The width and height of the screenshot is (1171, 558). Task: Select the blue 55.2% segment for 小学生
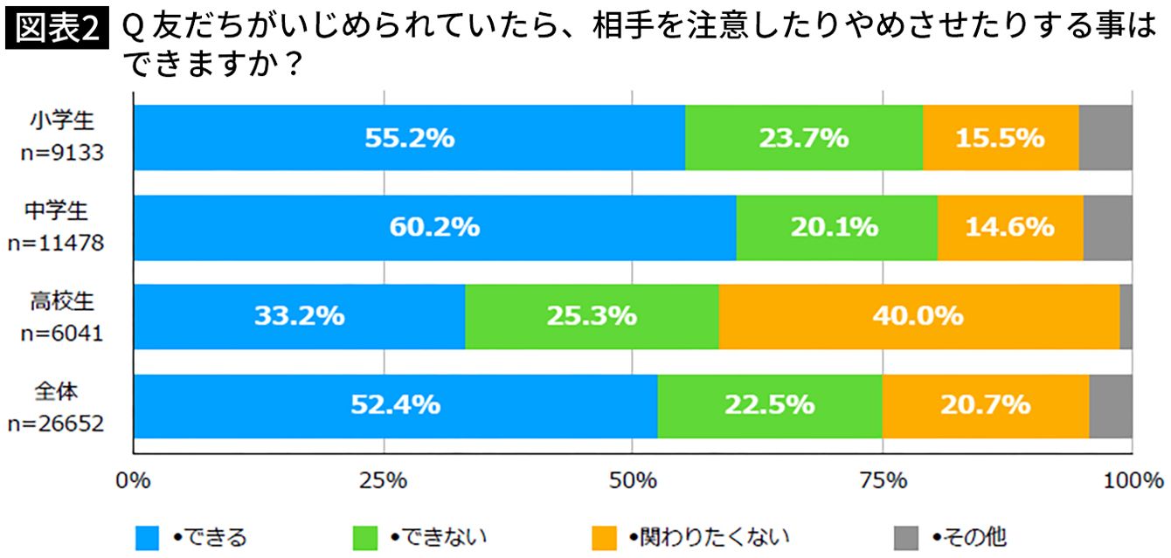tap(409, 138)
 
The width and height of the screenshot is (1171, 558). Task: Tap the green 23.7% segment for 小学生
tap(803, 138)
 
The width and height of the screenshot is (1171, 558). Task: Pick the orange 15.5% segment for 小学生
tap(1001, 138)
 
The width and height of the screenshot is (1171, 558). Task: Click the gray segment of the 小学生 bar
tap(1105, 138)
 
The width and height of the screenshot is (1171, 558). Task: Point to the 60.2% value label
tap(434, 227)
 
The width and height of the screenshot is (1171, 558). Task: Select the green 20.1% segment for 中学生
tap(836, 227)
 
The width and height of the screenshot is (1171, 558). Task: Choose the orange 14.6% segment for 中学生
tap(1010, 227)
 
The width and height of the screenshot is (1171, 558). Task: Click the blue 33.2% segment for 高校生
tap(299, 316)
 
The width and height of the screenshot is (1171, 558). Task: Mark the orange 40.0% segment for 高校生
tap(918, 316)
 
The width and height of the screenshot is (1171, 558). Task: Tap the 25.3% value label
tap(592, 316)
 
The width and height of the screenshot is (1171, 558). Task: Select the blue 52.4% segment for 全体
tap(395, 405)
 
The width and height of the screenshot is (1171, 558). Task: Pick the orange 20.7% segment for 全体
tap(986, 405)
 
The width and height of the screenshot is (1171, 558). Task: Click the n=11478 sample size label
tap(56, 244)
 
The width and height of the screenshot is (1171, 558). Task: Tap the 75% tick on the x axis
tap(883, 480)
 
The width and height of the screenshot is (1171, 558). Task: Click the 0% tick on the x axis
tap(133, 480)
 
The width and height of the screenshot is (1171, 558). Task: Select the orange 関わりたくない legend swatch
tap(603, 537)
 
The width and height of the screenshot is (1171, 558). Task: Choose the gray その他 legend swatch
tap(906, 537)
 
